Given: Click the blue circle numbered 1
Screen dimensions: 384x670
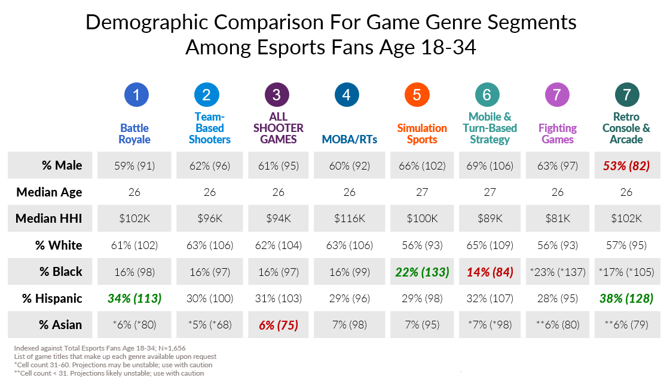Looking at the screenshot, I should (136, 94).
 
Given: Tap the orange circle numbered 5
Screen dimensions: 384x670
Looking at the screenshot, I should (417, 94).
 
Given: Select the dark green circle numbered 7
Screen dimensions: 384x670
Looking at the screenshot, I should (627, 94).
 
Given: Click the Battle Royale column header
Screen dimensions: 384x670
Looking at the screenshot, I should (134, 134).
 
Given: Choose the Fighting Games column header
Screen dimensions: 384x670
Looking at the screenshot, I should (558, 134).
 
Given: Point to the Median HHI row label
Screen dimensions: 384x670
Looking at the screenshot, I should (49, 219).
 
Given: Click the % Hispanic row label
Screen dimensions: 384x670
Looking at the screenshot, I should (52, 298).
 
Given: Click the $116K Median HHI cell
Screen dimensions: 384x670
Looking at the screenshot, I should (349, 219).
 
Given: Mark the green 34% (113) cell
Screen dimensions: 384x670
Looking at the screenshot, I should (134, 298).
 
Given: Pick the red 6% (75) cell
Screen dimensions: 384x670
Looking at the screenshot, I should (279, 325).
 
